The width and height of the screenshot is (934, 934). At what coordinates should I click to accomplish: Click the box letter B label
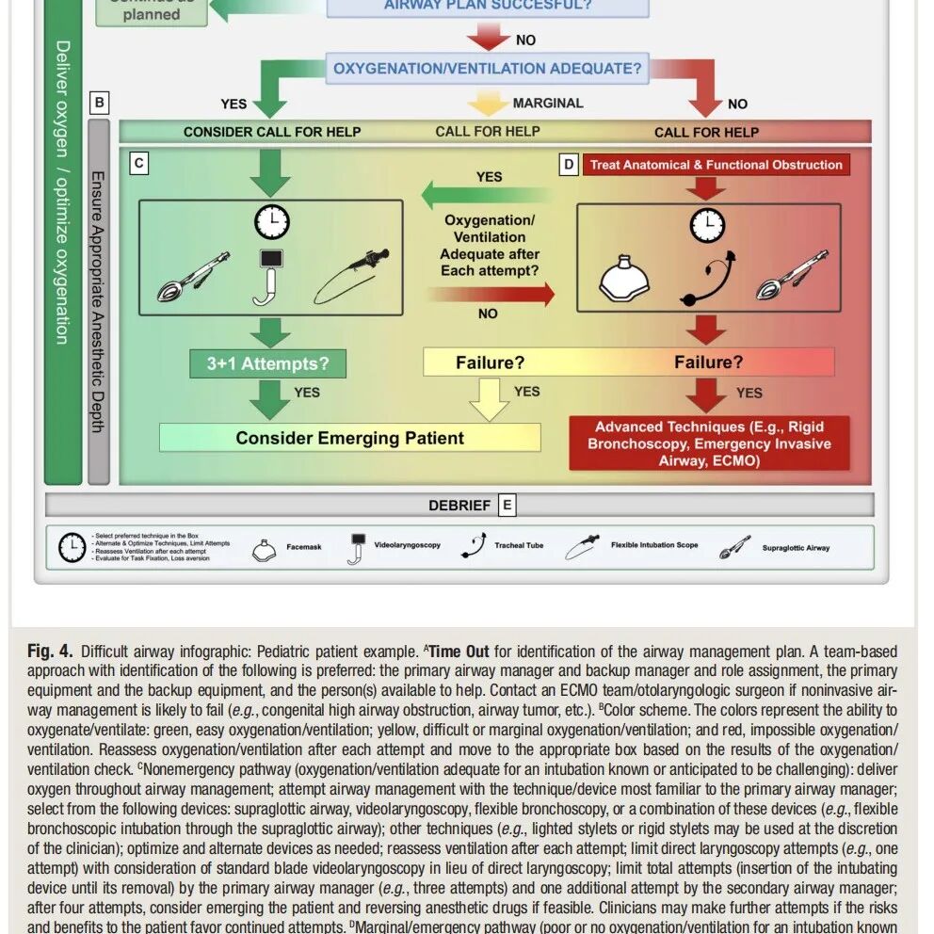tap(100, 102)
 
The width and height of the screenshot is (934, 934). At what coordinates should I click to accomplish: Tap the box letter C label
tap(138, 164)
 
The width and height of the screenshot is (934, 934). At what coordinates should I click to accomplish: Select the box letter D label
tap(569, 165)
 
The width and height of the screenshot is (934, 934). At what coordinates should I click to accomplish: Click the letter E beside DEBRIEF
tap(507, 505)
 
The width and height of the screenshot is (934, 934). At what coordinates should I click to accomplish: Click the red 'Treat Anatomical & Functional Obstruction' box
tap(716, 165)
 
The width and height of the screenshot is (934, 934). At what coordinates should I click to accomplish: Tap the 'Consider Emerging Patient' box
tap(349, 438)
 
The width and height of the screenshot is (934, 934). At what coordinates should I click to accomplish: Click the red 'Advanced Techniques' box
tap(709, 443)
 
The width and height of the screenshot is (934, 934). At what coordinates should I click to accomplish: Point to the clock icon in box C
tap(271, 222)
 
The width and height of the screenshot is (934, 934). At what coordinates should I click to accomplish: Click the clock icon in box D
tap(707, 225)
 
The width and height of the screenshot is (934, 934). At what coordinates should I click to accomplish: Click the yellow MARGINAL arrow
tap(488, 103)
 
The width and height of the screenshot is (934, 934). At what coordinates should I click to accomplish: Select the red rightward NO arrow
tap(491, 295)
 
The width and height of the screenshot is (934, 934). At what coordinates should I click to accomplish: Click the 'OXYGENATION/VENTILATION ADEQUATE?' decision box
tap(487, 69)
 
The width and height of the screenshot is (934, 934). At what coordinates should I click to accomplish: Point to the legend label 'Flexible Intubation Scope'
tap(655, 545)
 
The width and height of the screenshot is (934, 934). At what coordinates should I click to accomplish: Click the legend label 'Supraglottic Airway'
tap(796, 547)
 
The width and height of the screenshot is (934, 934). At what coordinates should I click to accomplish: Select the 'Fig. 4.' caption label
tap(50, 652)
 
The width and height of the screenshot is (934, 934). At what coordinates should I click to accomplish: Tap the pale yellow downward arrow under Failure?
tap(488, 397)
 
